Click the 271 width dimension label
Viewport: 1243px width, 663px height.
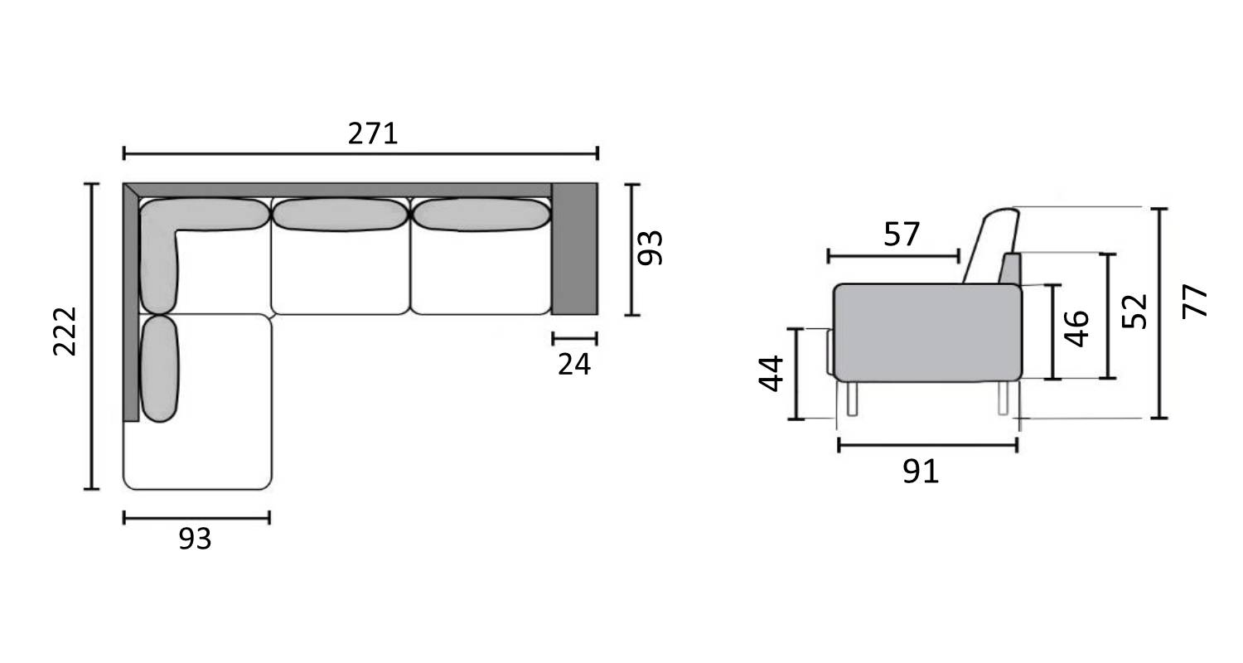click(373, 133)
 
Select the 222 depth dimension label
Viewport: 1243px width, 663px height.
click(65, 331)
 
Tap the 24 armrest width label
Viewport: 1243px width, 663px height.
click(574, 365)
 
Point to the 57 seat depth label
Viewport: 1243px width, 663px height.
click(902, 235)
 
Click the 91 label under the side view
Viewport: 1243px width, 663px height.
click(921, 472)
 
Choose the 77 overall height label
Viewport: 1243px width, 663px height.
click(1195, 302)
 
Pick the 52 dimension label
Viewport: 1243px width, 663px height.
click(1134, 312)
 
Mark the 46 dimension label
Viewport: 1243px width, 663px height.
click(1076, 328)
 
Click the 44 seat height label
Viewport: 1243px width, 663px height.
click(771, 374)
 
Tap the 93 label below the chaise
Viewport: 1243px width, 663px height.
click(196, 539)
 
